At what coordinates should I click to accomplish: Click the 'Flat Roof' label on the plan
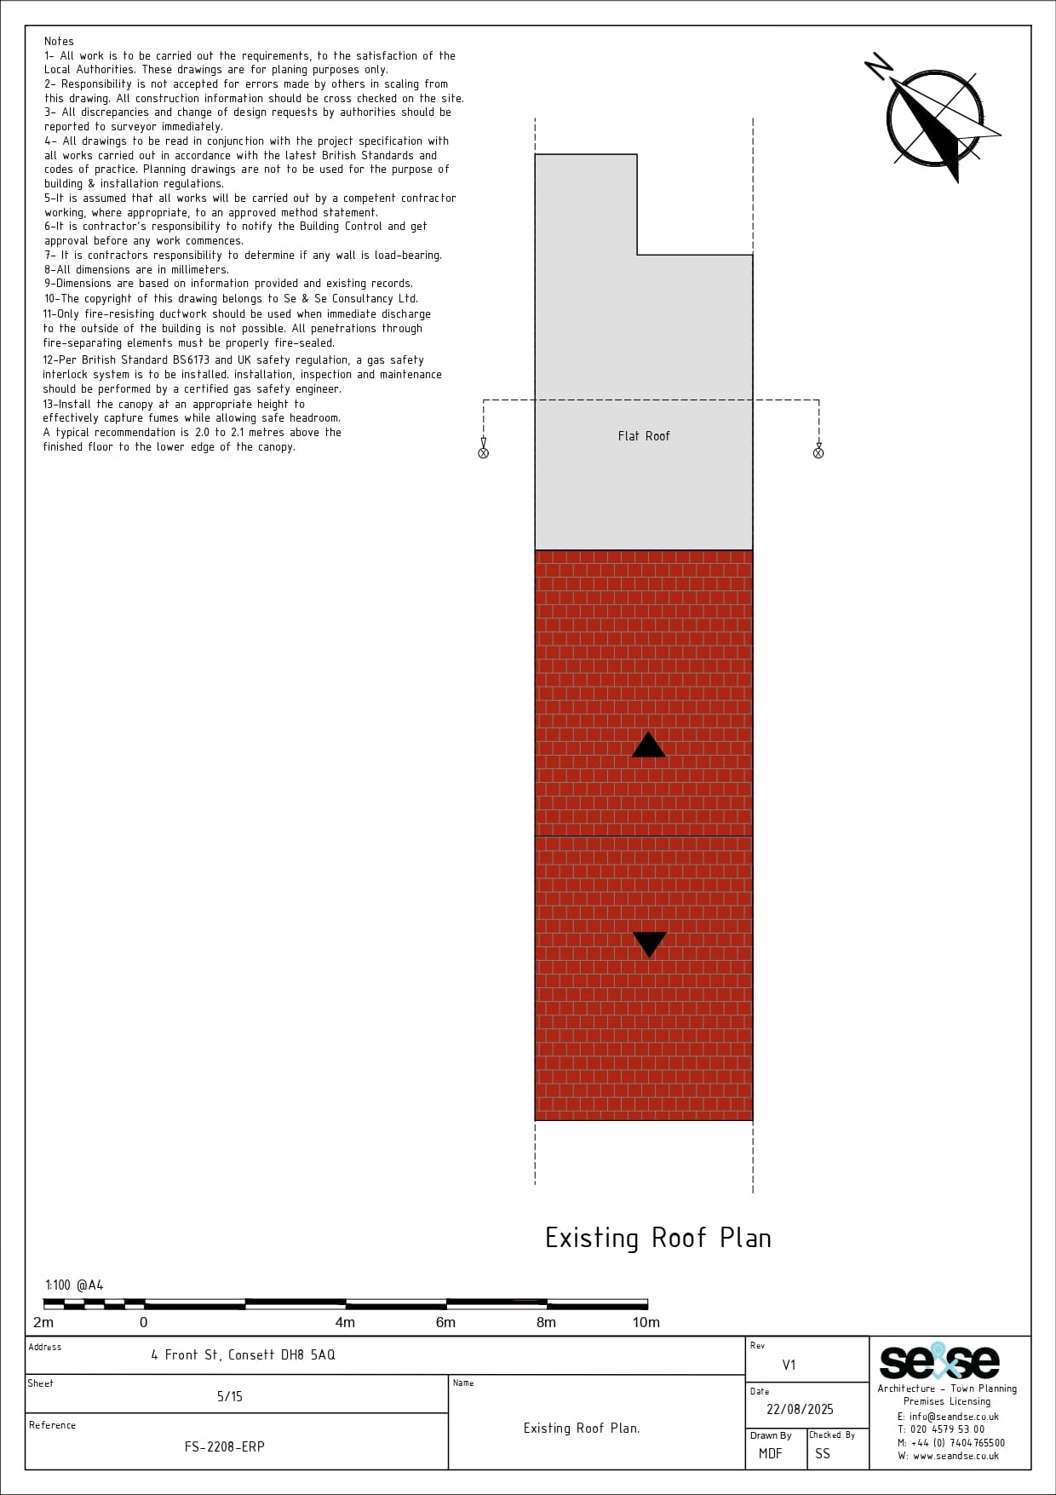point(644,436)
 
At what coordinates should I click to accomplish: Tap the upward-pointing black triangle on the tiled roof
point(649,745)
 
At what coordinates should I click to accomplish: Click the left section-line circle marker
point(484,453)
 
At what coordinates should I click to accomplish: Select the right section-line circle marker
point(818,453)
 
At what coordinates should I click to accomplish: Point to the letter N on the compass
point(879,66)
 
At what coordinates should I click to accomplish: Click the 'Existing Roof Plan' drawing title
point(658,1238)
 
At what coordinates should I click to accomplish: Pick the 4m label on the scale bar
point(345,1322)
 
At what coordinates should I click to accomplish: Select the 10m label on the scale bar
point(646,1322)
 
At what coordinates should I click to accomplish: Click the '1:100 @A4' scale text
point(74,1285)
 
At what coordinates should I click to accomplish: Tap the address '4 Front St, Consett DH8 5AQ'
point(243,1354)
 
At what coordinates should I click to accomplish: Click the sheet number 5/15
point(230,1396)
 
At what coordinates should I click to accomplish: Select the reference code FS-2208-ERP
point(225,1446)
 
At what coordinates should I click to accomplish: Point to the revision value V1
point(789,1365)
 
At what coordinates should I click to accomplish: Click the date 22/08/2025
point(800,1409)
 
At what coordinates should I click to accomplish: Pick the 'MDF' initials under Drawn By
point(771,1453)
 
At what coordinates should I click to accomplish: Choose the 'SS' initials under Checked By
point(823,1453)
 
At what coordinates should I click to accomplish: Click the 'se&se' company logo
point(939,1361)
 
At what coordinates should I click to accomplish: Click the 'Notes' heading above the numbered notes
point(60,41)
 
